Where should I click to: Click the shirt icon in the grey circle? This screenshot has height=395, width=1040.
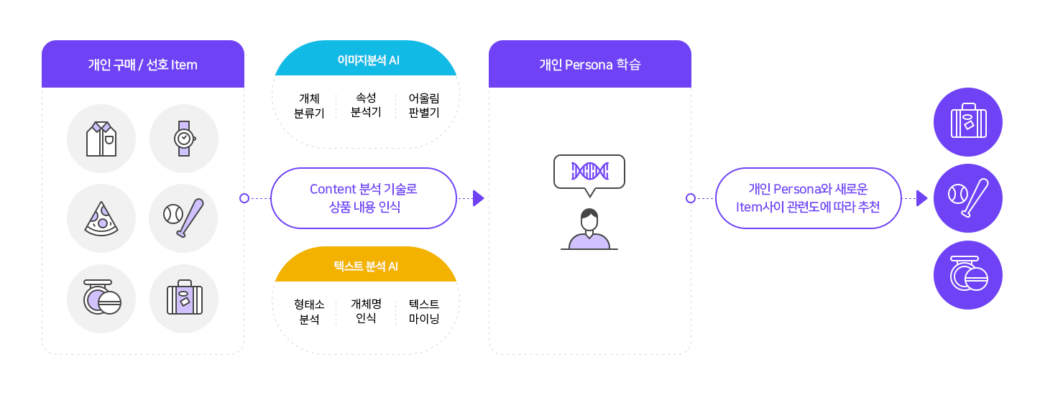[x=101, y=139]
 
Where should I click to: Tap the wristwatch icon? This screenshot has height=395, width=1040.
[x=184, y=139]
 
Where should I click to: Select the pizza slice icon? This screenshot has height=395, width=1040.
[x=101, y=218]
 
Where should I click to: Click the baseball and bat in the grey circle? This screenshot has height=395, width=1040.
[x=184, y=218]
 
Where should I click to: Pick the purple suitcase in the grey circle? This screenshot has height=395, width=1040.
[x=184, y=298]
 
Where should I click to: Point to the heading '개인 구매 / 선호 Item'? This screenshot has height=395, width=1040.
[x=142, y=65]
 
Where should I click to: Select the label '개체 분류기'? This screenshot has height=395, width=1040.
[x=309, y=106]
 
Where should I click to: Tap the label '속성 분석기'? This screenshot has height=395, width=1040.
[x=366, y=105]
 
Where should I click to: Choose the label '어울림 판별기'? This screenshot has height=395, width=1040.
[x=424, y=106]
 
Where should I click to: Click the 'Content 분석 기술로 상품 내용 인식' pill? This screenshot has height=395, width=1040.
[x=364, y=198]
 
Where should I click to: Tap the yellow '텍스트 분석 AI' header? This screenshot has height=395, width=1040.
[x=366, y=266]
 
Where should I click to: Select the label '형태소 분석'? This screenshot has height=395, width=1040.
[x=309, y=312]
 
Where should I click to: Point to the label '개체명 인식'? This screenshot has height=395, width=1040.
[x=366, y=311]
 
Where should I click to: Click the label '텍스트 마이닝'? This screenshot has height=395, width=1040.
[x=424, y=312]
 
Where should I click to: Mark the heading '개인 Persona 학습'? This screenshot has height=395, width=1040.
[x=590, y=65]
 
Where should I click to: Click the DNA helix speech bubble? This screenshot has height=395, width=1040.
[x=589, y=172]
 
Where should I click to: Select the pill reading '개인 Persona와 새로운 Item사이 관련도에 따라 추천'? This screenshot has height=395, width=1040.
[x=809, y=198]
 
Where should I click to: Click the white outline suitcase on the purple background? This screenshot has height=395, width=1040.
[x=968, y=121]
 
